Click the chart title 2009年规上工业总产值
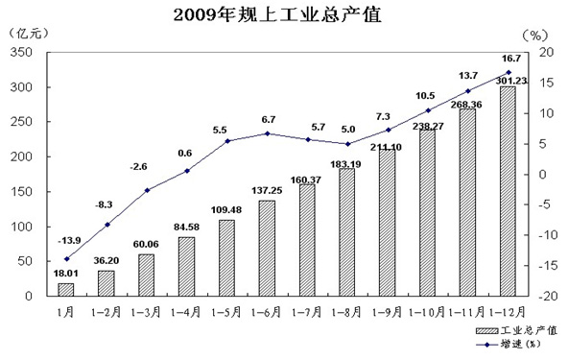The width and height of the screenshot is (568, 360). (277, 15)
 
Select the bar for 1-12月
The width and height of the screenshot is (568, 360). (508, 191)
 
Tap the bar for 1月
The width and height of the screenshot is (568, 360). (66, 290)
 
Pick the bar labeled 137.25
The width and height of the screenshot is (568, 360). (267, 249)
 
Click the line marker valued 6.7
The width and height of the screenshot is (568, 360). (268, 133)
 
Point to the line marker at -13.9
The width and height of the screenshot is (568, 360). (66, 259)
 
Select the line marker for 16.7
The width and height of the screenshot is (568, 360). (509, 72)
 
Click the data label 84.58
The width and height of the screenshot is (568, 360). (186, 228)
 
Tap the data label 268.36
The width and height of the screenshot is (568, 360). (466, 105)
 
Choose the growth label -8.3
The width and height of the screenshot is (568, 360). (104, 204)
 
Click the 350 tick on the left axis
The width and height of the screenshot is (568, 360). (21, 52)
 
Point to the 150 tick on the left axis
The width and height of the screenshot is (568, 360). (21, 191)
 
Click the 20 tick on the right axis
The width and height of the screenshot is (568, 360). (547, 52)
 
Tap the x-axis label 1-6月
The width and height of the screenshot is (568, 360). (267, 312)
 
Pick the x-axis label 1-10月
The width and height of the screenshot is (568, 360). (427, 312)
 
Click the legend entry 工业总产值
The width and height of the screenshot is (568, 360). (516, 330)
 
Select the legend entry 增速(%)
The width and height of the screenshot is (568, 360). (508, 344)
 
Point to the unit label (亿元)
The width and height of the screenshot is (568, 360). (28, 34)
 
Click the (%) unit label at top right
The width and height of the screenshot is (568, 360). (535, 36)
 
